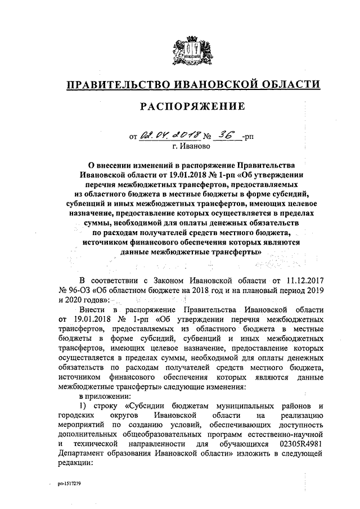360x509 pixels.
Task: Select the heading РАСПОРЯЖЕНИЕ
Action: click(x=192, y=106)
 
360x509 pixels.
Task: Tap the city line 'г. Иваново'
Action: click(x=191, y=146)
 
